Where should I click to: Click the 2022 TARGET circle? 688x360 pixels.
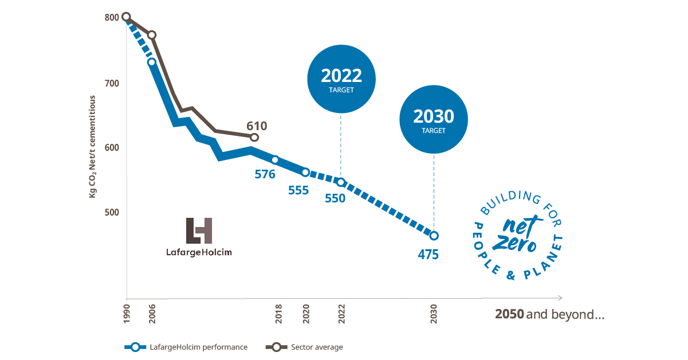click(341, 80)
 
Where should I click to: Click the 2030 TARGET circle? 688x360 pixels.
click(433, 121)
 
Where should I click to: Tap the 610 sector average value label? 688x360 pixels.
click(257, 126)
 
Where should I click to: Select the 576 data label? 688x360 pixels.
click(265, 175)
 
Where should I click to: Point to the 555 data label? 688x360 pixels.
click(298, 190)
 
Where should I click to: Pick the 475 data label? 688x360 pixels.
click(428, 254)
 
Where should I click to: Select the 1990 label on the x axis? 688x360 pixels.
click(127, 316)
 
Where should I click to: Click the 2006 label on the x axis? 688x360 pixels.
click(152, 316)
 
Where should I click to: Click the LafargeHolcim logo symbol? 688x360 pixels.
click(199, 230)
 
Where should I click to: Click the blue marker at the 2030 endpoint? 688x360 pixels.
click(434, 236)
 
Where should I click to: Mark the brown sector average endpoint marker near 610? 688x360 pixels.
click(254, 138)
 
